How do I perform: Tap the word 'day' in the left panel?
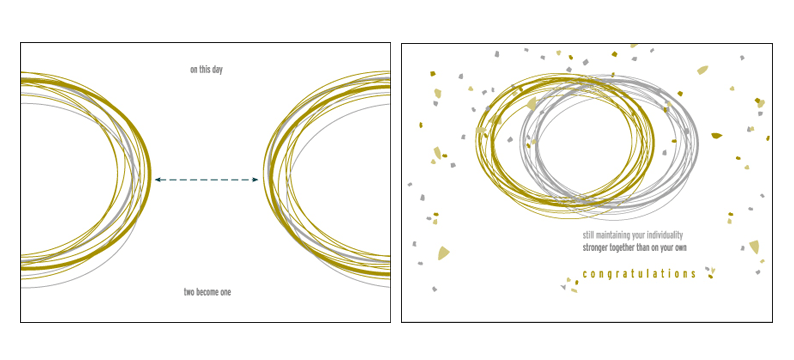pos(217,70)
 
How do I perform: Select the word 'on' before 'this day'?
pos(193,70)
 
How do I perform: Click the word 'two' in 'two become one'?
pos(189,293)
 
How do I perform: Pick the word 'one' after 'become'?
pos(226,293)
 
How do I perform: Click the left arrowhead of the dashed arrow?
pos(158,180)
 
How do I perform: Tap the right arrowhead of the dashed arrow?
pos(255,180)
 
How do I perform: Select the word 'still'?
pos(588,235)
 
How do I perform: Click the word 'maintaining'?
pos(613,235)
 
